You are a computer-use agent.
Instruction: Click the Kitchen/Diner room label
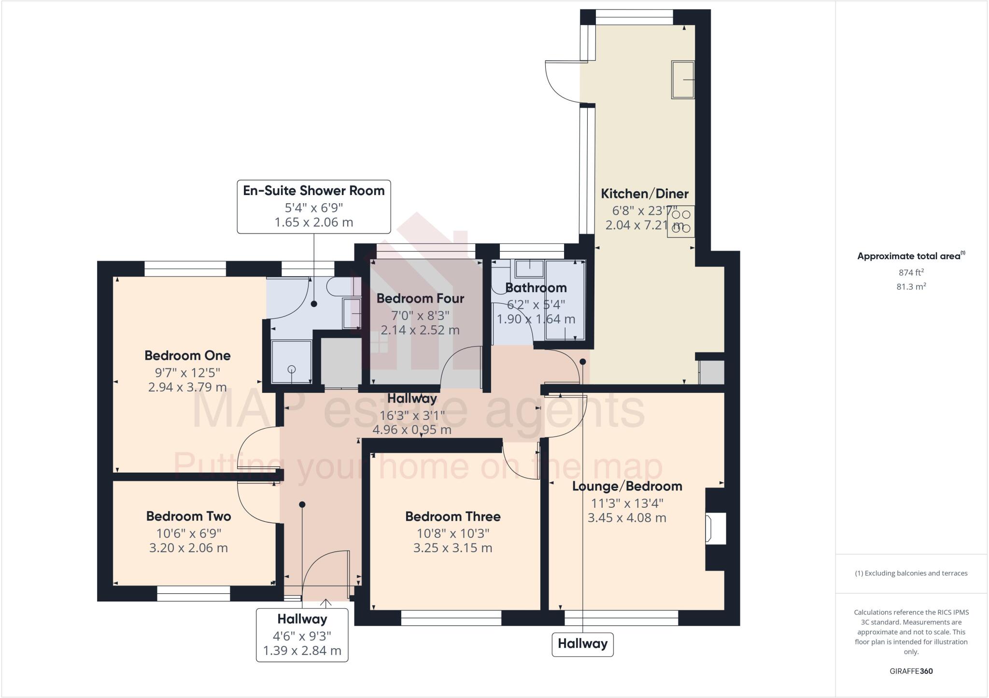(644, 194)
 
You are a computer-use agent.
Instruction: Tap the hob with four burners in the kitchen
(681, 222)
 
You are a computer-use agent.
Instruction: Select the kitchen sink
(682, 80)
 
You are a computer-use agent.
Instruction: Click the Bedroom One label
(187, 356)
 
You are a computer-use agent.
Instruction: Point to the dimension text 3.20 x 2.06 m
(188, 548)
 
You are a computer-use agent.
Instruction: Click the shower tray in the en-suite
(291, 361)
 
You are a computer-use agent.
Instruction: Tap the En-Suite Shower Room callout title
(314, 191)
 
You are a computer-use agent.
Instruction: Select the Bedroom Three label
(452, 517)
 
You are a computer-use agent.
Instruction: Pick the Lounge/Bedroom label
(627, 486)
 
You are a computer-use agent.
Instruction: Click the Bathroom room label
(536, 288)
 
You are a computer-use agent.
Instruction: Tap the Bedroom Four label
(420, 298)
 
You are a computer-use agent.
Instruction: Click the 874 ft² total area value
(911, 272)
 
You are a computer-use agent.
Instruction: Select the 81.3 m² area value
(911, 287)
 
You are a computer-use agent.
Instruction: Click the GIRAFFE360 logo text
(911, 671)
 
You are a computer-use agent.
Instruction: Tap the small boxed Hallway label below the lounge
(582, 643)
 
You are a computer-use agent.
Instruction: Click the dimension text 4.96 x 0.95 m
(412, 430)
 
